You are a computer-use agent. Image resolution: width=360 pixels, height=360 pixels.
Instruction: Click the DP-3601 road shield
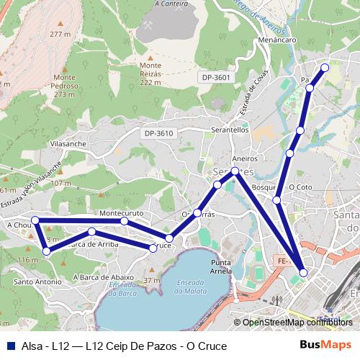point(216,78)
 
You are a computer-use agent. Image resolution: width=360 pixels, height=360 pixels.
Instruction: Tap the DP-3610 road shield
point(158,133)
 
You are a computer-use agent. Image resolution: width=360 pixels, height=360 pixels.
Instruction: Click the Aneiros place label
point(245,158)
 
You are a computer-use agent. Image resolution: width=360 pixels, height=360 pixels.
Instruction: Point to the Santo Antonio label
point(37,282)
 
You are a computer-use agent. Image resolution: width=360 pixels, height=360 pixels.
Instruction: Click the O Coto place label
point(300,187)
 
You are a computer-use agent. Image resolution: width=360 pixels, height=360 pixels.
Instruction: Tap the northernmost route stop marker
point(324,68)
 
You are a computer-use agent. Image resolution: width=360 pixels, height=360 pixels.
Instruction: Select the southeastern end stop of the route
point(303,273)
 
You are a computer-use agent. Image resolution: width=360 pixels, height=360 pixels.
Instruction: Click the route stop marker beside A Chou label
point(35,220)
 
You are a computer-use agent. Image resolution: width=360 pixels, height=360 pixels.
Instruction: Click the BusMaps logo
point(325,346)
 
